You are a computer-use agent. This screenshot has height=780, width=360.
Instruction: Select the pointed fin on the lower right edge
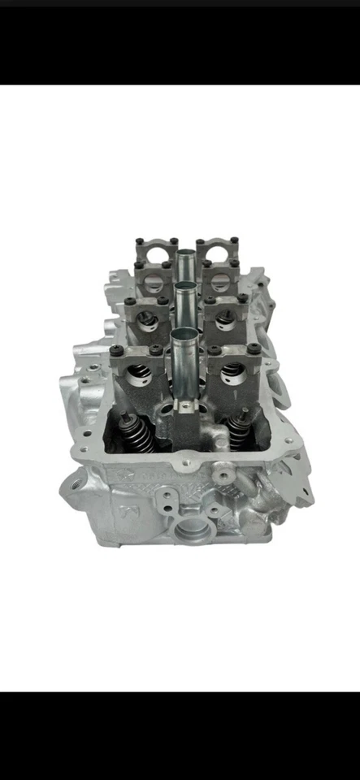pyautogui.click(x=306, y=492)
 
